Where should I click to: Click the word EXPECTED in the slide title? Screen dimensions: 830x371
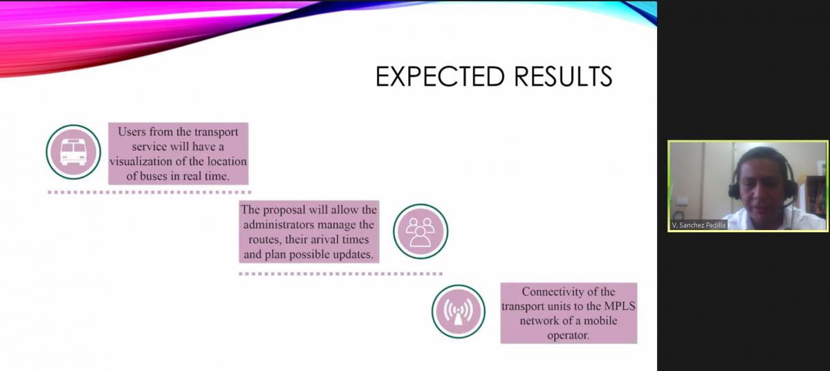pyautogui.click(x=440, y=76)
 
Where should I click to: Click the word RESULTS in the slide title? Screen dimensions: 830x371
pyautogui.click(x=563, y=76)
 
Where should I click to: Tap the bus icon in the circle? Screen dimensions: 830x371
pyautogui.click(x=73, y=152)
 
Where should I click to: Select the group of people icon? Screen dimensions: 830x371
pyautogui.click(x=421, y=231)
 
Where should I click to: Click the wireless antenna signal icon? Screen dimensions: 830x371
pyautogui.click(x=459, y=312)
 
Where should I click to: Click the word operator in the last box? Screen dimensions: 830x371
pyautogui.click(x=568, y=336)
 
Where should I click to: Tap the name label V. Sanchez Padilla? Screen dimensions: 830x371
pyautogui.click(x=699, y=225)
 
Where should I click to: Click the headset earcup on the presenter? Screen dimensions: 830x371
pyautogui.click(x=733, y=190)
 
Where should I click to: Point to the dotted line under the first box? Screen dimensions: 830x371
pyautogui.click(x=149, y=192)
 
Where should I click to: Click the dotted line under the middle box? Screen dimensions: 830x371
pyautogui.click(x=340, y=274)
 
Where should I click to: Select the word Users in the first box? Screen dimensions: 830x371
pyautogui.click(x=131, y=132)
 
